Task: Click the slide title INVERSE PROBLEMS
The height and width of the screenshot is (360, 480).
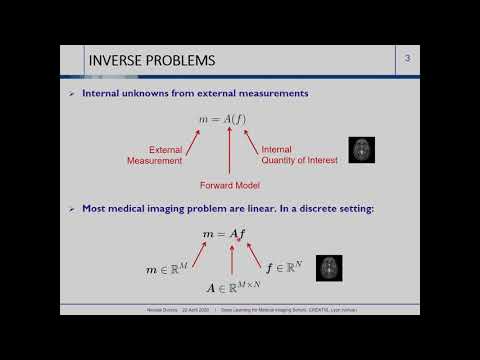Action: [x=152, y=61]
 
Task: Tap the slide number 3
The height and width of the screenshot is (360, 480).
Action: [x=407, y=60]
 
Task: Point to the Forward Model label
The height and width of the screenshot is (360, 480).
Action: [x=231, y=184]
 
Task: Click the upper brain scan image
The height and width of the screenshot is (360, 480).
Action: [x=361, y=150]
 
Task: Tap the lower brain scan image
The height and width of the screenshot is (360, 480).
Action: [x=330, y=267]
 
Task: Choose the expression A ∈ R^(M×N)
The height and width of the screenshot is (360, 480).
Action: [x=231, y=288]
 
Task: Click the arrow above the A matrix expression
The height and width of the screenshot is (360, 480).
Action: [x=231, y=261]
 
